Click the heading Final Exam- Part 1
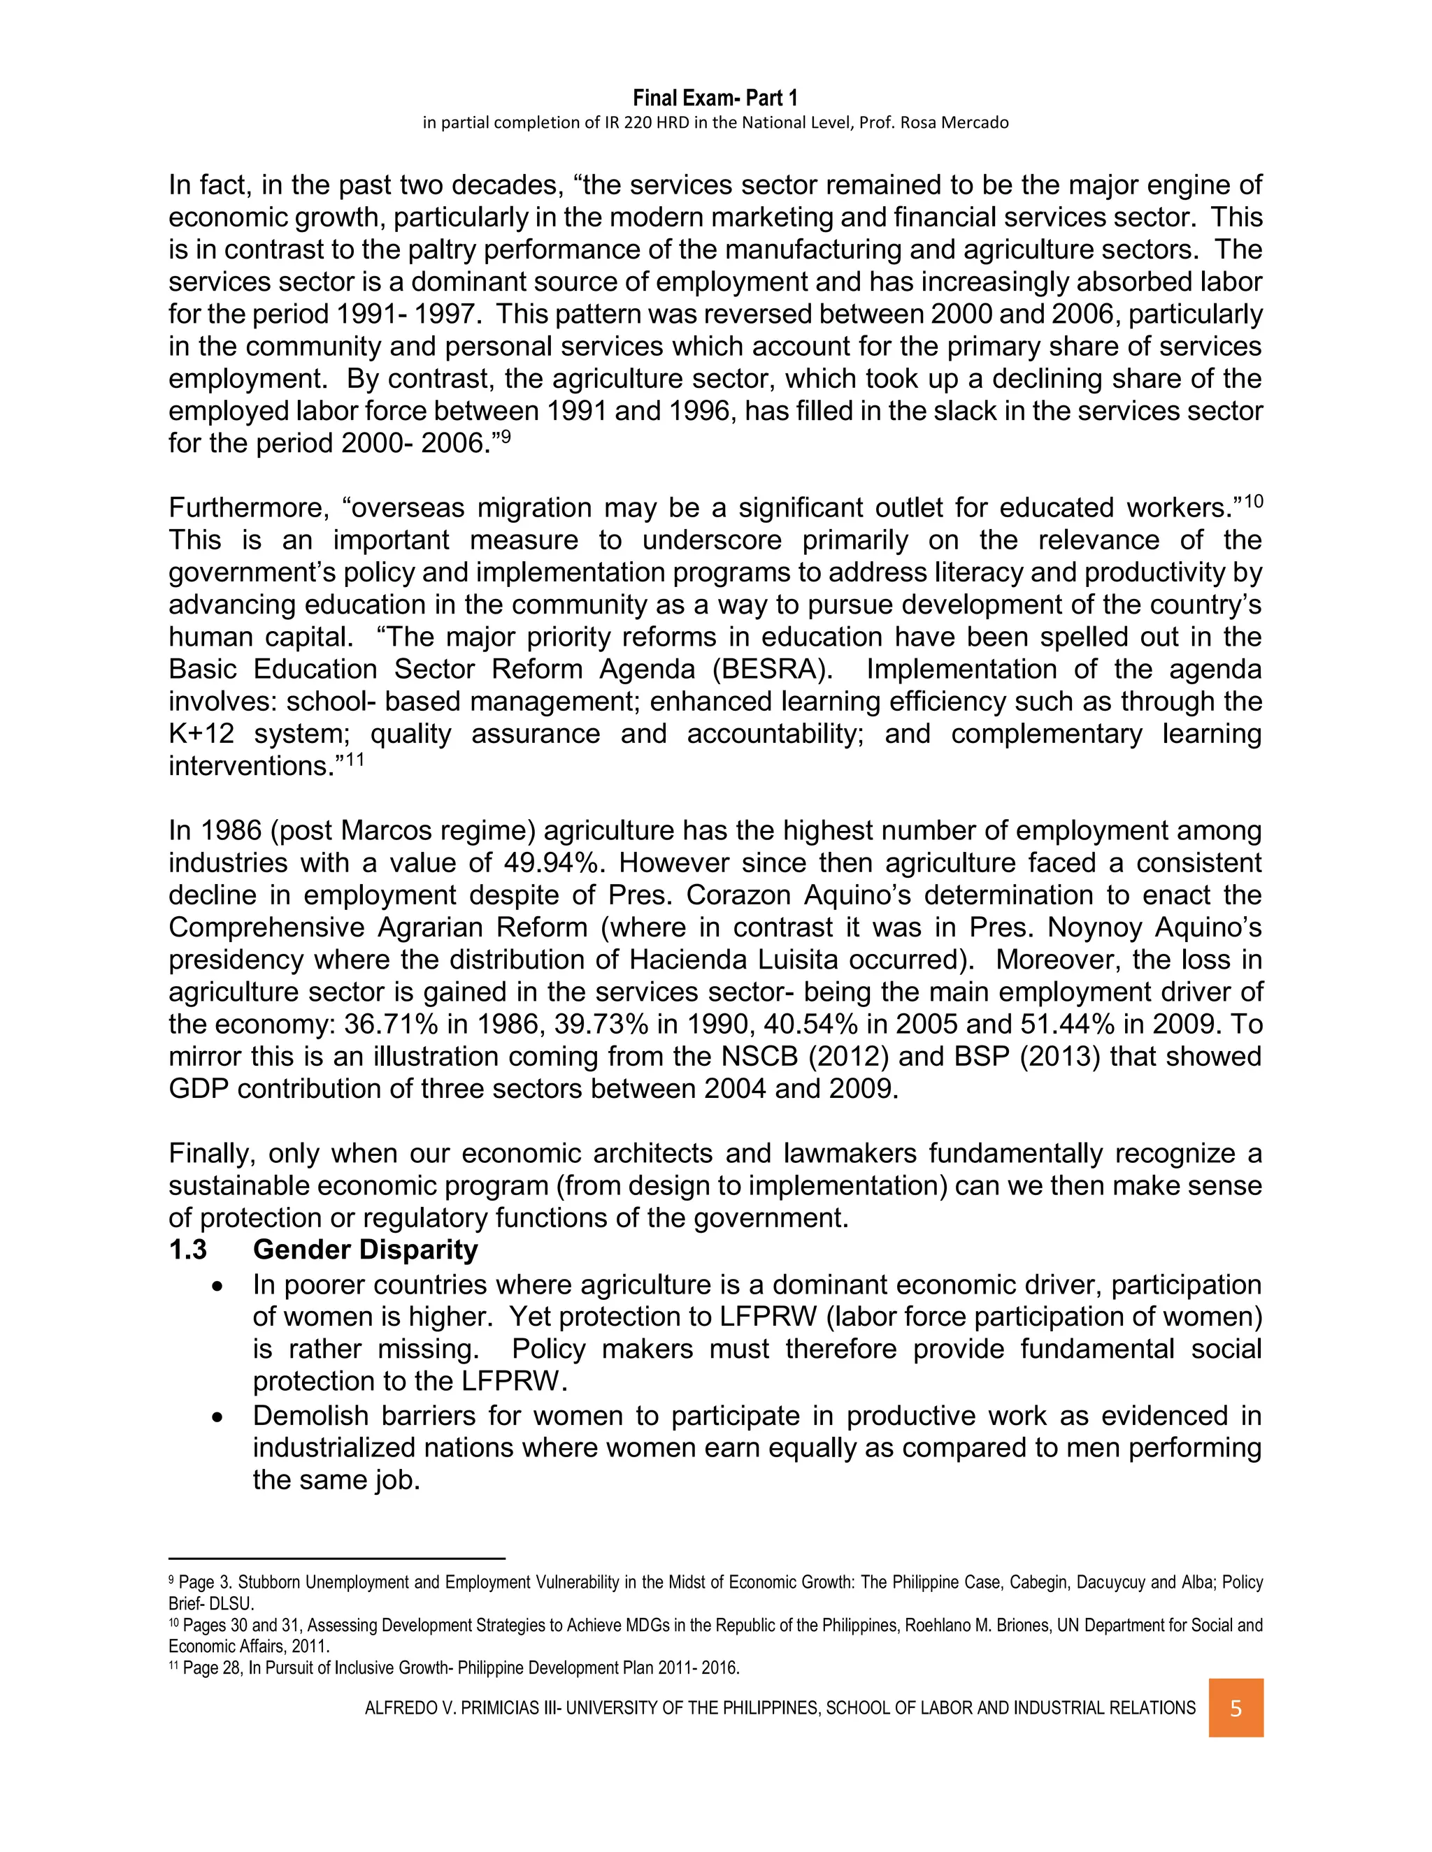click(x=715, y=99)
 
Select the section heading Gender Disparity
click(x=365, y=1250)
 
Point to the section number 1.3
click(x=187, y=1250)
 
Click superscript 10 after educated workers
click(x=1253, y=501)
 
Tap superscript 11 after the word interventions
click(x=355, y=759)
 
